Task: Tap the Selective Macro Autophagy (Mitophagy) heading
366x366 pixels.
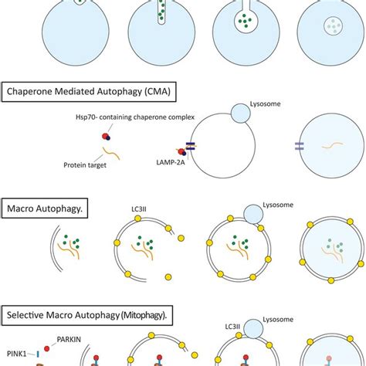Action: click(x=91, y=314)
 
